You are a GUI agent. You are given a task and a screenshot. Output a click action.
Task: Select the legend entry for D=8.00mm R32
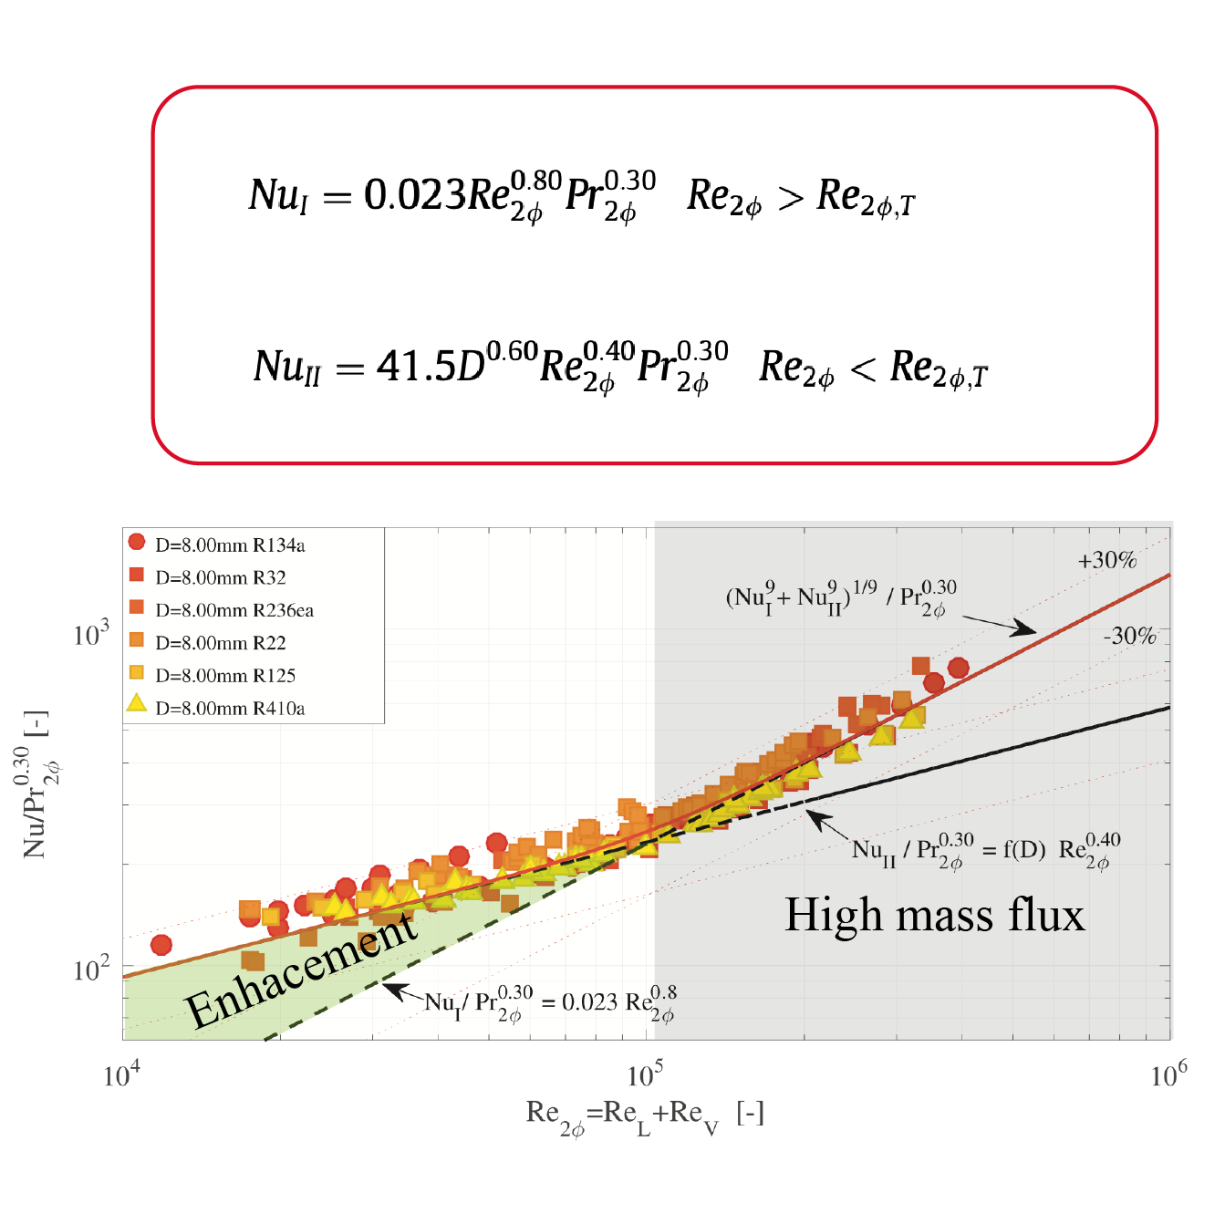[220, 577]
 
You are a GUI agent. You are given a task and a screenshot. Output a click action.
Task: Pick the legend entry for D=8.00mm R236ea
[234, 610]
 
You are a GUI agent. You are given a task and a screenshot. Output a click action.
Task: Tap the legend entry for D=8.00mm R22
[220, 643]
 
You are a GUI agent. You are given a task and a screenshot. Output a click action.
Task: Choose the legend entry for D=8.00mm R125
[225, 676]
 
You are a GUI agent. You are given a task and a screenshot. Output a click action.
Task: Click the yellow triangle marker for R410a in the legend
[136, 703]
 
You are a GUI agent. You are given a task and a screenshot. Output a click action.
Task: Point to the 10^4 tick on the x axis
[122, 1075]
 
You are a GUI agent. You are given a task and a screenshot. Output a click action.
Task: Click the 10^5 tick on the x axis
[646, 1075]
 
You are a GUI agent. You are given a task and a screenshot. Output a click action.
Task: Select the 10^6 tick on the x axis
[1168, 1075]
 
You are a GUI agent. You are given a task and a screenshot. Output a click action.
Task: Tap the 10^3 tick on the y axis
[91, 633]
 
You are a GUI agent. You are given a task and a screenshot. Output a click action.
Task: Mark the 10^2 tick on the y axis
[91, 969]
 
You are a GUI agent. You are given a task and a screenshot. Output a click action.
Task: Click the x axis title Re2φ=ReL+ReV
[645, 1115]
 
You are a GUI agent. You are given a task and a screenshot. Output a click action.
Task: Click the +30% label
[1107, 561]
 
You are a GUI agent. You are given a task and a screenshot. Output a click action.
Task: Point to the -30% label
[1129, 636]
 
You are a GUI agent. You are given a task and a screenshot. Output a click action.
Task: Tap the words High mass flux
[934, 915]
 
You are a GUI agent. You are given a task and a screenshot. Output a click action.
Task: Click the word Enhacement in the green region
[301, 971]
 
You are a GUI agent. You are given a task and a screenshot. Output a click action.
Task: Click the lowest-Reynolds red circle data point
[161, 945]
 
